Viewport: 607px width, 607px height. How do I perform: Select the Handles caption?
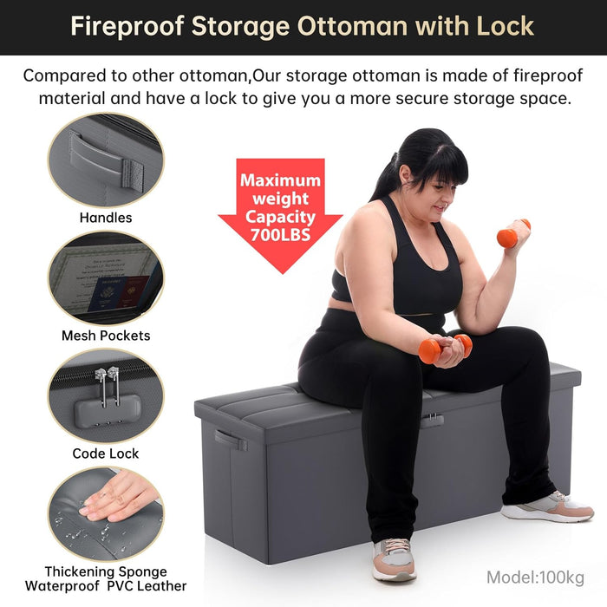click(x=106, y=218)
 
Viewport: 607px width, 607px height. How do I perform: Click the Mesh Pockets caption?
click(x=106, y=336)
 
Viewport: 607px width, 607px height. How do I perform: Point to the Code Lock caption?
click(x=106, y=454)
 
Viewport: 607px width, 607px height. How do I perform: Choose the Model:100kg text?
click(x=535, y=578)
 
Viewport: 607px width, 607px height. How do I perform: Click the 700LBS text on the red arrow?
click(x=280, y=235)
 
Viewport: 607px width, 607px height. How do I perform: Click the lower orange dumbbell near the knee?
click(x=443, y=349)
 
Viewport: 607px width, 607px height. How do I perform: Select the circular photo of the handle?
click(x=105, y=160)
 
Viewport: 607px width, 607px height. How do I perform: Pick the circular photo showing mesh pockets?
click(x=105, y=277)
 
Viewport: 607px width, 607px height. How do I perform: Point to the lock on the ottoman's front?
click(x=431, y=421)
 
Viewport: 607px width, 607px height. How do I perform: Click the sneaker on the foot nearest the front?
click(x=394, y=559)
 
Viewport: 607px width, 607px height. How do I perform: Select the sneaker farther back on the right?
click(x=546, y=506)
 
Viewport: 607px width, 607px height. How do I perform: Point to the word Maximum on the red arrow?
click(x=280, y=180)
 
